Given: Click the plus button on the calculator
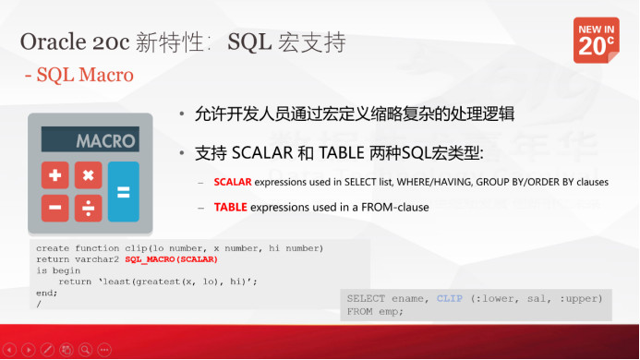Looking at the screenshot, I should point(55,175).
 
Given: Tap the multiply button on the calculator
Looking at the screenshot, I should point(89,175).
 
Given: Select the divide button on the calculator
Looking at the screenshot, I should point(89,207).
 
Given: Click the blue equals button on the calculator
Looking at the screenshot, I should point(123,191).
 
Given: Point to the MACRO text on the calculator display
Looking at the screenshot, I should point(105,141).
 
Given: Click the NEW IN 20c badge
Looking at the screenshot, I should point(596,39).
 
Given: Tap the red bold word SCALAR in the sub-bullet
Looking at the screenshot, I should point(232,182).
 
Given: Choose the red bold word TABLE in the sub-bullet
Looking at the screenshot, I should point(230,208).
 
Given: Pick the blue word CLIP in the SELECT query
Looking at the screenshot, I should point(450,298).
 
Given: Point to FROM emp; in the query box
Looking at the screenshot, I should point(375,311).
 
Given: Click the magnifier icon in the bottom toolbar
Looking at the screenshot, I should point(84,351).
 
